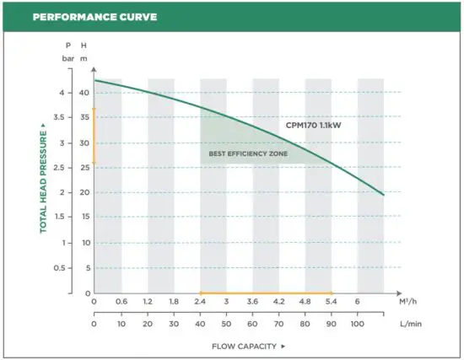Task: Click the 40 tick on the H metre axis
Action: click(83, 93)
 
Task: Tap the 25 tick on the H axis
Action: click(83, 168)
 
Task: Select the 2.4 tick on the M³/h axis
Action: click(200, 302)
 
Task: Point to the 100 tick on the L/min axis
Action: click(357, 323)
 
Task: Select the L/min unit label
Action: click(409, 323)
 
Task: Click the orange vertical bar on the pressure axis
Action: click(94, 135)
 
